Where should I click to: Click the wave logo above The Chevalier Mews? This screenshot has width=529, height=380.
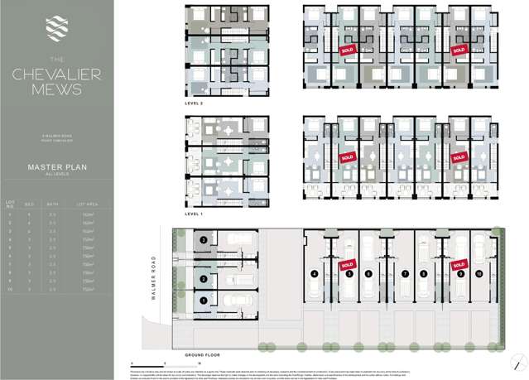pos(56,25)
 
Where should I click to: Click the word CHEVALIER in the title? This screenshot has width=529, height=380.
pos(56,74)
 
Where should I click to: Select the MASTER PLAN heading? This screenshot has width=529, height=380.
pos(56,166)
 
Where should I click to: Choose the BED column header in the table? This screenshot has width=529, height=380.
pos(31,202)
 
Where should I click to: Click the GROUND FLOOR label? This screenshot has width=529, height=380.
pos(203,354)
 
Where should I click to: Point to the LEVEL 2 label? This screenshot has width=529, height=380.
pos(195,105)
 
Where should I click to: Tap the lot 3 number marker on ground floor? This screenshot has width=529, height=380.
pos(203,240)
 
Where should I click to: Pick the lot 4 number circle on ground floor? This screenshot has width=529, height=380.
pos(315,273)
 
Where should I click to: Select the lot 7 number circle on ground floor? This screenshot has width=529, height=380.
pos(405,273)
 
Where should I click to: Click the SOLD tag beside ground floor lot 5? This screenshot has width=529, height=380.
pos(347,265)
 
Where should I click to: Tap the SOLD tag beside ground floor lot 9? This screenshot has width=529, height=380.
pos(459,265)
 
